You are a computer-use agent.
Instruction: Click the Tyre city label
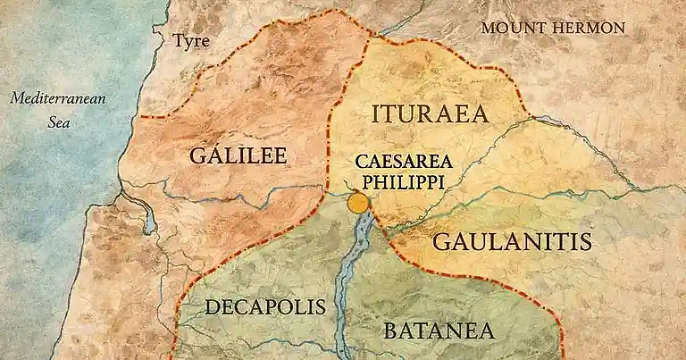(x=191, y=40)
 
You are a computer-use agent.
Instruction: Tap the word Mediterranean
(x=58, y=98)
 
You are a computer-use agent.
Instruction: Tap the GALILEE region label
(x=238, y=156)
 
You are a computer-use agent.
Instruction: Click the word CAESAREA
(x=404, y=162)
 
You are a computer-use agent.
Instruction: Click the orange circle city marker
(x=358, y=204)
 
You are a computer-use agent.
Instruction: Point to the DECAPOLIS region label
(x=265, y=307)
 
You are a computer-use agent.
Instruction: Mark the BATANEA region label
(x=439, y=330)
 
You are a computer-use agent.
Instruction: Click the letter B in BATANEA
(x=390, y=330)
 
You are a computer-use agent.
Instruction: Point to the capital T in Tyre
(x=178, y=40)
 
